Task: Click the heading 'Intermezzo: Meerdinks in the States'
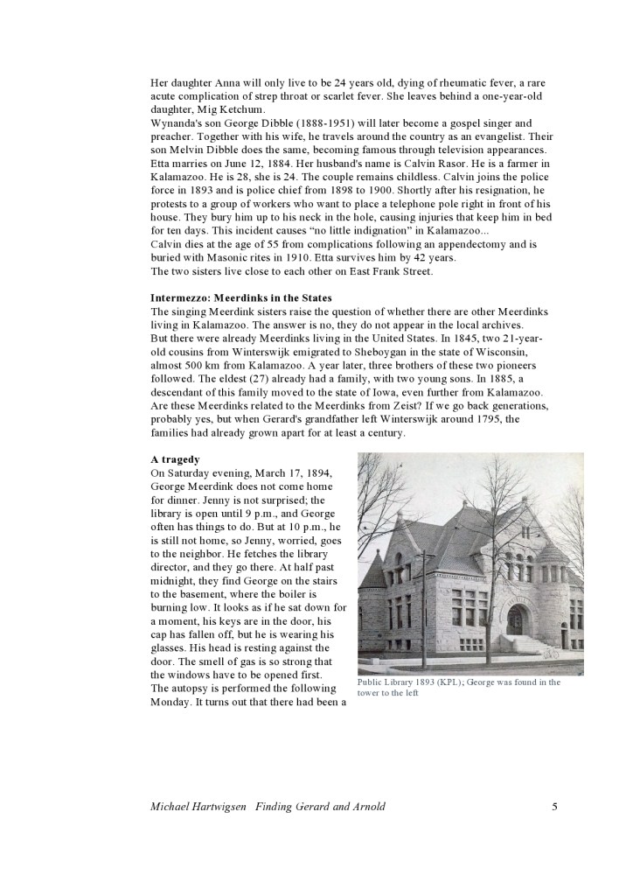pos(241,298)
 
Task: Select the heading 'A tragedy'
pos(176,458)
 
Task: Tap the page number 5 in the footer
pos(554,806)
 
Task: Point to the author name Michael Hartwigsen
pos(199,806)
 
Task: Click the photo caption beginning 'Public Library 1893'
pos(459,688)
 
